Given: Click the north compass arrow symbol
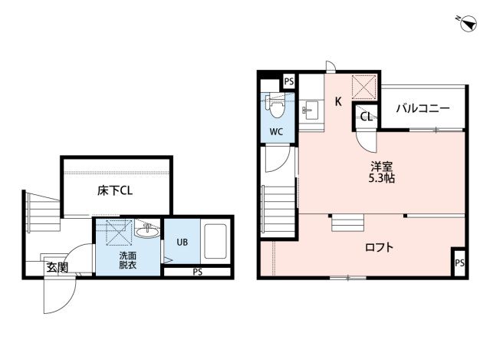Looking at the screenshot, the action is click(x=469, y=24).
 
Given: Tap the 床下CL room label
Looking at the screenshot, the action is click(x=115, y=190).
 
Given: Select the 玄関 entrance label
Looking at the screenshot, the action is click(x=58, y=267).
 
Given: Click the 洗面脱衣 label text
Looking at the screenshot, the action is click(x=128, y=260).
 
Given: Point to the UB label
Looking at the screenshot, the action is click(x=183, y=242).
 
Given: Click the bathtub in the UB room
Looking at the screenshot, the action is click(x=215, y=241).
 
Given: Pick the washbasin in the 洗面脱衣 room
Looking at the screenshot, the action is click(x=147, y=232).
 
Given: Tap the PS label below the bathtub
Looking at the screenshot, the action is click(x=198, y=272).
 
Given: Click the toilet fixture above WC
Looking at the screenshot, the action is click(x=275, y=106).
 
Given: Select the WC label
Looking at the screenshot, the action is click(x=276, y=132).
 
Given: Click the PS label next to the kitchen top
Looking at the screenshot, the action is click(x=289, y=81).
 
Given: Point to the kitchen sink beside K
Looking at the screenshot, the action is click(x=310, y=111).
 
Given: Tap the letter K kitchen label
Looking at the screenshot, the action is click(x=338, y=101).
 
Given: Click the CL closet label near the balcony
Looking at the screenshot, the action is click(x=367, y=117).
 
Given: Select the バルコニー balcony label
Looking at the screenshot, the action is click(x=423, y=108).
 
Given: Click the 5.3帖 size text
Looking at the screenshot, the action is click(x=382, y=178).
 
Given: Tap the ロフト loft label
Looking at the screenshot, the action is click(x=379, y=247).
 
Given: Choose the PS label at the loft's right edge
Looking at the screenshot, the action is click(x=459, y=263).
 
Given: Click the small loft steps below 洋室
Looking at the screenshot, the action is click(x=348, y=223).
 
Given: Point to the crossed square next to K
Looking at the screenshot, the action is click(x=364, y=88).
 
